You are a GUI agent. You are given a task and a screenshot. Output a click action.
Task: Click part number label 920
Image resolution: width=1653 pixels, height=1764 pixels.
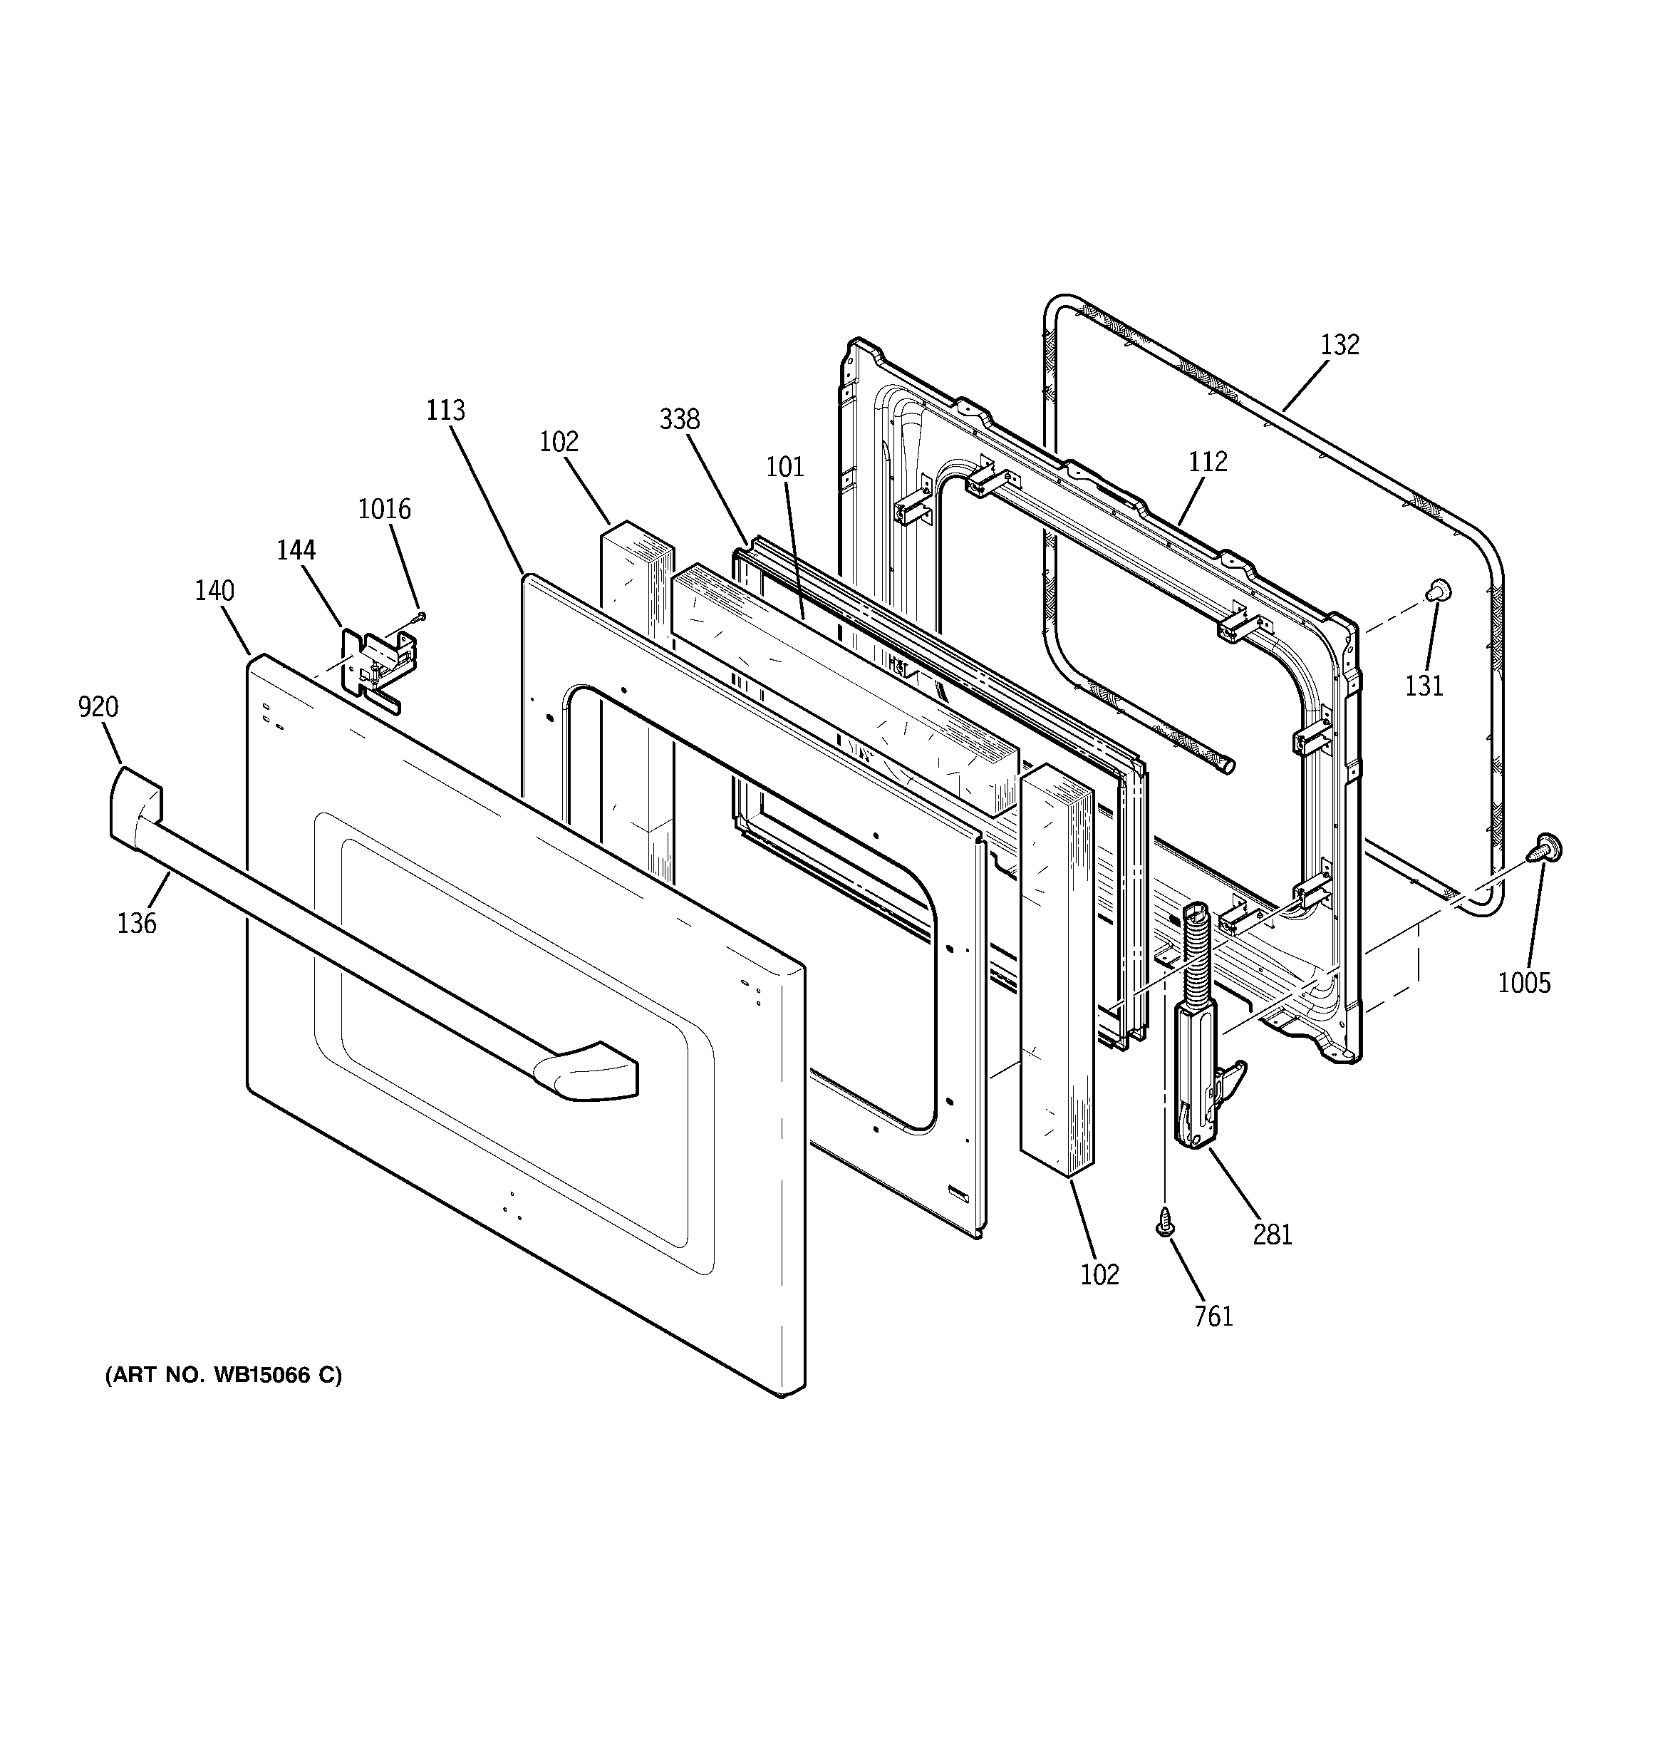98,707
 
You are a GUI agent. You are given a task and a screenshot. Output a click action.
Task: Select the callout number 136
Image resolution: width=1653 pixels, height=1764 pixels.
137,924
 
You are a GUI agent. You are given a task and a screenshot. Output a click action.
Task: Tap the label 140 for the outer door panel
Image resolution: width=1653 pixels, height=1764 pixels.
214,591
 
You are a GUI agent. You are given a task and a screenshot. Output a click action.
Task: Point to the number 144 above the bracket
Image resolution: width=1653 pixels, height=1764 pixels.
296,550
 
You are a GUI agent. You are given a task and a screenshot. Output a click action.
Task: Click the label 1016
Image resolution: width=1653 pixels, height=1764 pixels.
384,510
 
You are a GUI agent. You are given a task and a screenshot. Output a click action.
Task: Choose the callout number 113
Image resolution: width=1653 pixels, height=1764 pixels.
445,411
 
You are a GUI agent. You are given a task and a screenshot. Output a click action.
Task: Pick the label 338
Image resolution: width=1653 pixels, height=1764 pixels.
680,420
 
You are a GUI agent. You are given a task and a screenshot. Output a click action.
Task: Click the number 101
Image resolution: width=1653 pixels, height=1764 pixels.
785,467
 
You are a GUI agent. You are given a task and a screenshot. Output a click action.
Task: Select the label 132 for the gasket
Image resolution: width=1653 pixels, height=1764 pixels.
1339,344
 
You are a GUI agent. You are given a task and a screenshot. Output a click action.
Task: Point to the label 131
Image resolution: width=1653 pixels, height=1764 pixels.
1424,686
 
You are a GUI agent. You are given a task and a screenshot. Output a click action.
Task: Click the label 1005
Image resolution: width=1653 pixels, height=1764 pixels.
1524,983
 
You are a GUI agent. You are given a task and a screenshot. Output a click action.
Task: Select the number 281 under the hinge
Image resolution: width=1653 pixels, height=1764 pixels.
1273,1234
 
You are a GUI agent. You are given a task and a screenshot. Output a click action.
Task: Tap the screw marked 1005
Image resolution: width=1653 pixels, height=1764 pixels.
1545,849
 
